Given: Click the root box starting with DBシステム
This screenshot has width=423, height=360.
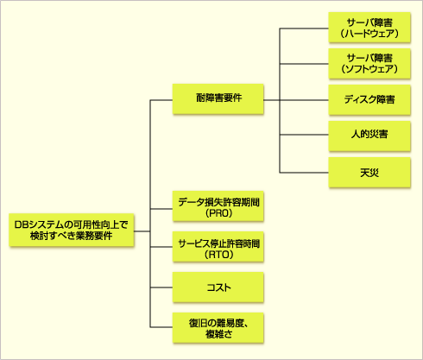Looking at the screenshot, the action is tap(72, 230).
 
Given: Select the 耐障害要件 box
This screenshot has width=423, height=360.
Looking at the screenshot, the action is tap(218, 98).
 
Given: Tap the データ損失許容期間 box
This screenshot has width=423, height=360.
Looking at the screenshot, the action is tap(218, 206).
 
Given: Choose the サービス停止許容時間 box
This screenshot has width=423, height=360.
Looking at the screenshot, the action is tap(218, 247).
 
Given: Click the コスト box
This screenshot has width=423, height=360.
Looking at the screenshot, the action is tap(218, 287).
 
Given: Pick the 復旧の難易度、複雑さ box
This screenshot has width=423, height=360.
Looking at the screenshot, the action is tap(218, 328).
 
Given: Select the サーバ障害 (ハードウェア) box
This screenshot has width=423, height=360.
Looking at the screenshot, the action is tap(369, 28).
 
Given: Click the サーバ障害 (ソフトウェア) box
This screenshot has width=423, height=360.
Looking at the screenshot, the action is tap(369, 64).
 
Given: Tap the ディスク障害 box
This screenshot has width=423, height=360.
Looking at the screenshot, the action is tap(369, 100).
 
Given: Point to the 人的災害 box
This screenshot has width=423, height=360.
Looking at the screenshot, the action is tap(369, 136).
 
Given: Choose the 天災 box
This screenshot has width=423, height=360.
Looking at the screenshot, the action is tap(369, 173).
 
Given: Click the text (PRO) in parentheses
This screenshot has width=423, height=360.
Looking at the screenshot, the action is tap(219, 213).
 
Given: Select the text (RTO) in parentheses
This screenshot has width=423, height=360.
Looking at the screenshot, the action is tap(219, 255).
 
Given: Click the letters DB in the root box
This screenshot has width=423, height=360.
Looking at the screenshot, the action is tap(21, 224).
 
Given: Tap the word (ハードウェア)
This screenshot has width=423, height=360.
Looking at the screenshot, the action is tap(369, 34).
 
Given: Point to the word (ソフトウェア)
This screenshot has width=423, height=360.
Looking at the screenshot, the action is tap(369, 69).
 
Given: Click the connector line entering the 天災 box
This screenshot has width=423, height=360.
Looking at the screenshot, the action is tap(304, 173).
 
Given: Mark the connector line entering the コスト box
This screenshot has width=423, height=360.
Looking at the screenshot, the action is tap(161, 287).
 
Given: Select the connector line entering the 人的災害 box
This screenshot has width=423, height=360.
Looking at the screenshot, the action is tap(304, 135).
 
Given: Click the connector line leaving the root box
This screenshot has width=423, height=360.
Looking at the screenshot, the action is tap(142, 231).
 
